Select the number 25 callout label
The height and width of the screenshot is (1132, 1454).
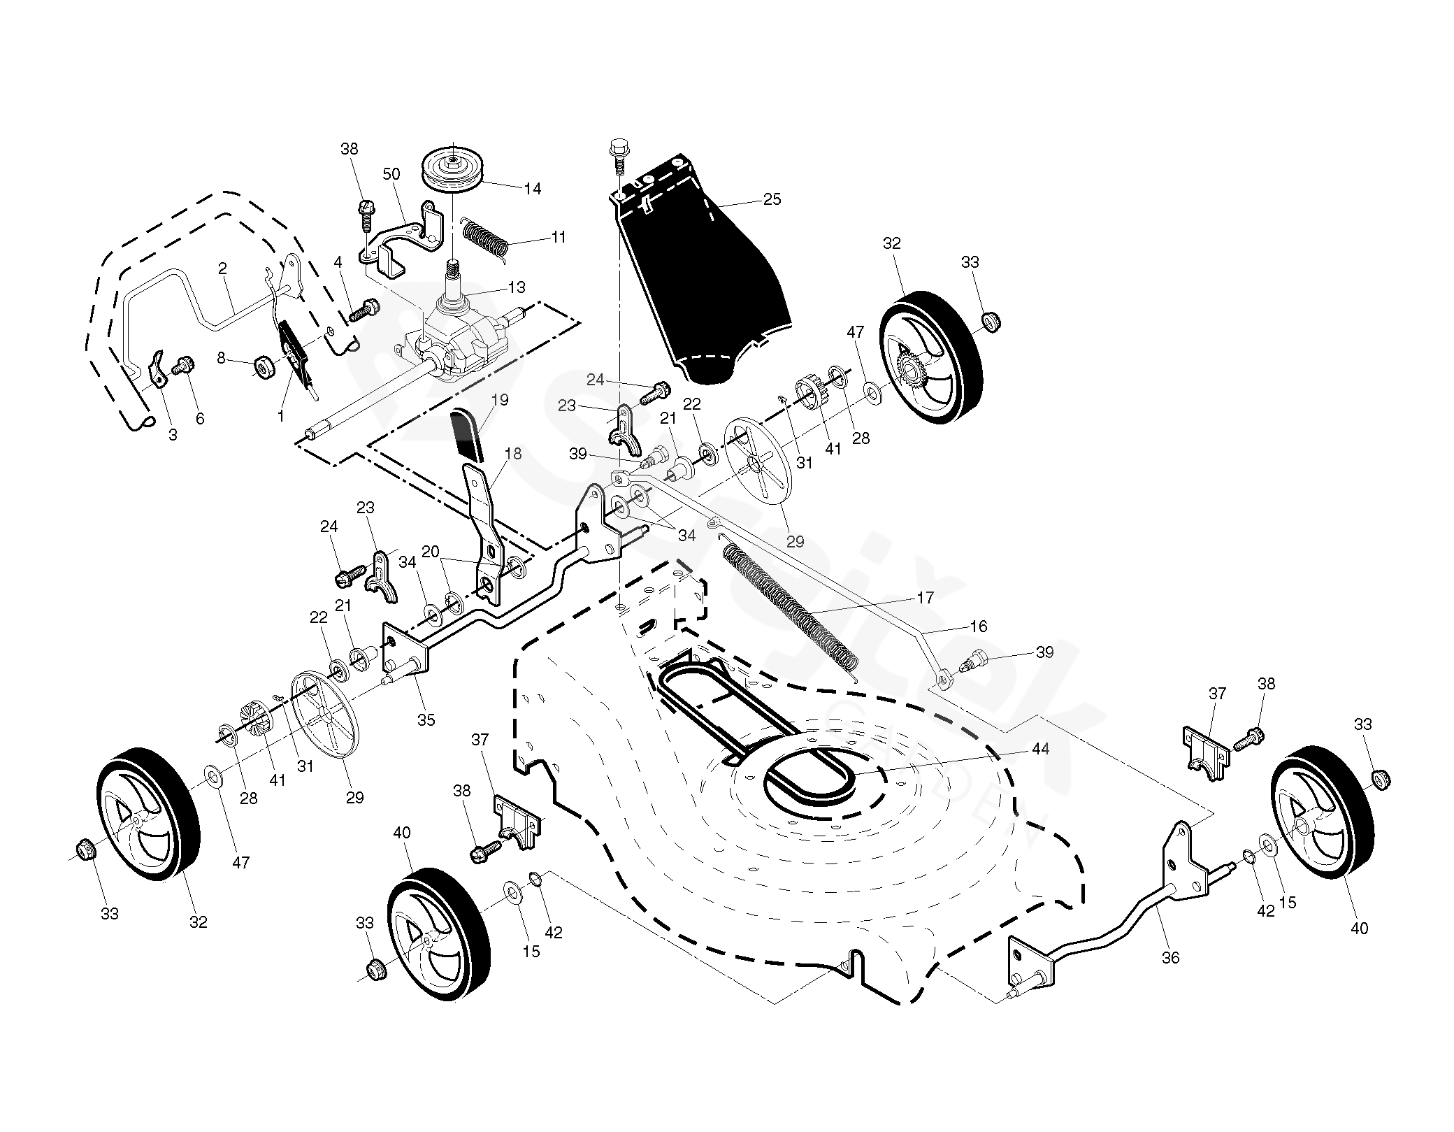coord(771,199)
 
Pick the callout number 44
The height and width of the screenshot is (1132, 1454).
coord(1040,749)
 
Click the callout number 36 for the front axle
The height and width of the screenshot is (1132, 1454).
coord(1170,958)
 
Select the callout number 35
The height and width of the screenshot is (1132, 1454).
coord(426,719)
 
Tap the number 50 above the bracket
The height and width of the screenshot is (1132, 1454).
coord(391,174)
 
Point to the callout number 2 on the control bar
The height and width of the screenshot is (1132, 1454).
coord(222,268)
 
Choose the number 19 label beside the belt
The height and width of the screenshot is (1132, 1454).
coord(500,400)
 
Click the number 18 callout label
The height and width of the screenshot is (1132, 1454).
coord(512,454)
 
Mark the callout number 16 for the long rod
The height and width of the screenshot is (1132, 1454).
coord(979,626)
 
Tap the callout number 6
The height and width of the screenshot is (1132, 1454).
coord(200,418)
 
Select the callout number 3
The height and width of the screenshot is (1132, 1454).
coord(173,435)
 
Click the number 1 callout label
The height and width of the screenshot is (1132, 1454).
coord(280,415)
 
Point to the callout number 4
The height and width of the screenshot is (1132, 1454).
coord(338,262)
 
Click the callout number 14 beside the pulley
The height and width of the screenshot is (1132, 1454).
coord(533,188)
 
